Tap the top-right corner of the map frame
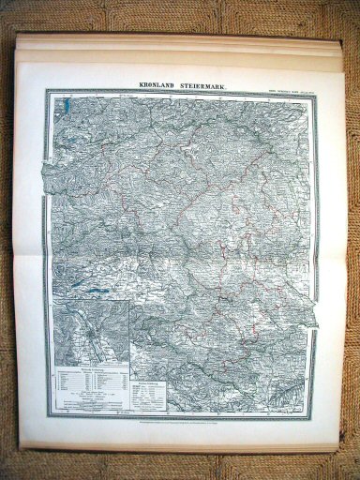tap(312, 91)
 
